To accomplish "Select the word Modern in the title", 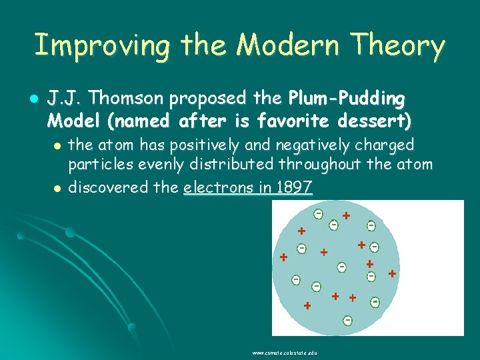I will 274,47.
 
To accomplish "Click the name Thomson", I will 127,99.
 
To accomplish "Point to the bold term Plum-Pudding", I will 346,99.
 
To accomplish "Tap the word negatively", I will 287,145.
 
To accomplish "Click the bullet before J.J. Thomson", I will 35,99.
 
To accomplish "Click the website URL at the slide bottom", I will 285,352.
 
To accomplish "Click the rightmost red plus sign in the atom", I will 392,273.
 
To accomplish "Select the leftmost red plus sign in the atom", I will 283,257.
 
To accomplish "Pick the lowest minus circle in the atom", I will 347,321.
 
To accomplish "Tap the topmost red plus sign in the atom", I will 346,216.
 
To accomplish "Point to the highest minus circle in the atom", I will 319,213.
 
